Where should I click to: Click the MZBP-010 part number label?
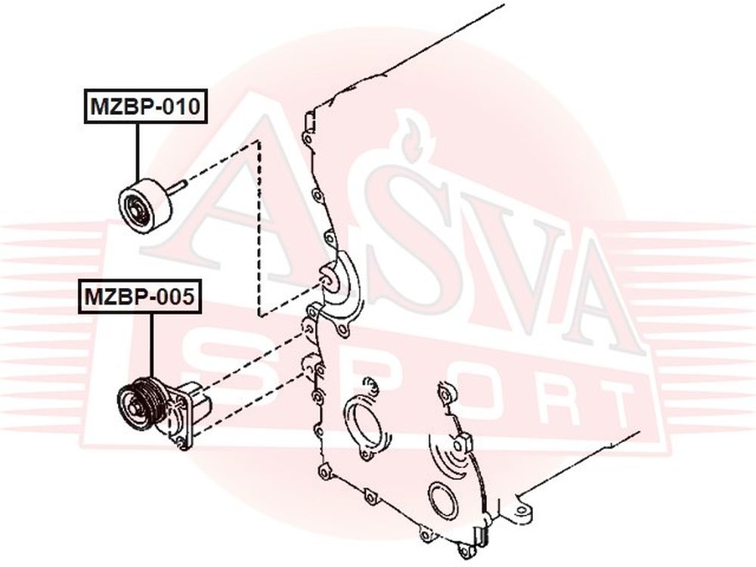(146, 106)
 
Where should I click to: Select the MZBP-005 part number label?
(140, 296)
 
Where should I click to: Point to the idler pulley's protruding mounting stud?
(178, 185)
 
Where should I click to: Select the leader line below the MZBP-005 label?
(151, 345)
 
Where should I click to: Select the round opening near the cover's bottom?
(442, 503)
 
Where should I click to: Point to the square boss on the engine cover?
(461, 442)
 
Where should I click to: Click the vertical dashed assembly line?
(259, 228)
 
